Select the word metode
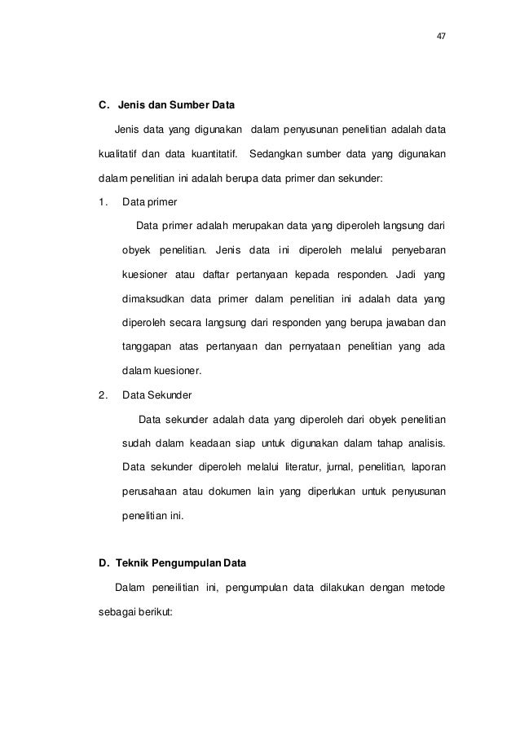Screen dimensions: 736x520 point(427,588)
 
